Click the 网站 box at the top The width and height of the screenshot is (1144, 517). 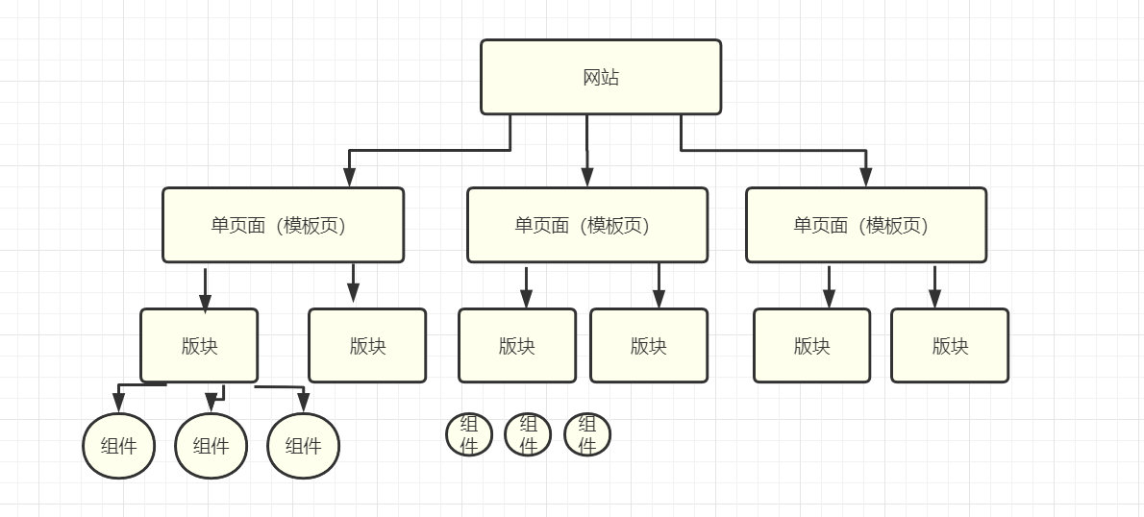pyautogui.click(x=601, y=77)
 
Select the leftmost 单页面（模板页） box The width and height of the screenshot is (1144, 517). pyautogui.click(x=283, y=225)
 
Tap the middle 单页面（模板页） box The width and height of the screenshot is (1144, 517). pyautogui.click(x=587, y=225)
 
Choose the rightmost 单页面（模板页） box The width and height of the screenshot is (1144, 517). pyautogui.click(x=866, y=225)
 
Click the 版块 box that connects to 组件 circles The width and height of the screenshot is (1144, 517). pyautogui.click(x=199, y=346)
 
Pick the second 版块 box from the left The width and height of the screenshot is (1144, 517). pyautogui.click(x=367, y=346)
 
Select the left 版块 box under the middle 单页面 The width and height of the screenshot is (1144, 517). pyautogui.click(x=517, y=346)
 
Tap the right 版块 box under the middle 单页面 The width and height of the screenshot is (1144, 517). pyautogui.click(x=649, y=346)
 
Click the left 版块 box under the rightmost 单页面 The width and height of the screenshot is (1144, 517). pyautogui.click(x=811, y=346)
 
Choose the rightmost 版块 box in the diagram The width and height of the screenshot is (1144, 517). pyautogui.click(x=950, y=346)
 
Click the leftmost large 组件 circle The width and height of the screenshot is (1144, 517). pyautogui.click(x=119, y=446)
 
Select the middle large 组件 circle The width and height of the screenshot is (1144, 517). pyautogui.click(x=211, y=446)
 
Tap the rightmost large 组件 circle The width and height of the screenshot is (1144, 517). pyautogui.click(x=303, y=446)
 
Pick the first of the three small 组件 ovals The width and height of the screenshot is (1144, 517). pyautogui.click(x=469, y=434)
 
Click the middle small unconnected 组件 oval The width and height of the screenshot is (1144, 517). pyautogui.click(x=528, y=434)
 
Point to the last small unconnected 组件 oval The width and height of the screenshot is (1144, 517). pyautogui.click(x=587, y=434)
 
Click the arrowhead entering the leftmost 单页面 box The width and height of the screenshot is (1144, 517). pyautogui.click(x=350, y=177)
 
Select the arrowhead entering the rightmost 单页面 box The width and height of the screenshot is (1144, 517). pyautogui.click(x=866, y=177)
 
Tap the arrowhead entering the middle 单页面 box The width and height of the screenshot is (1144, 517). pyautogui.click(x=587, y=177)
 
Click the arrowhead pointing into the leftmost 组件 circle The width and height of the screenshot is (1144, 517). pyautogui.click(x=118, y=404)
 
